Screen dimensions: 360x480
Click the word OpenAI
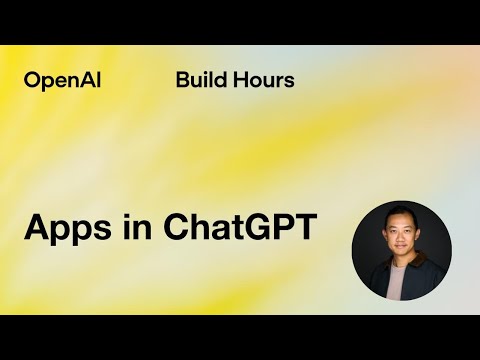coord(61,81)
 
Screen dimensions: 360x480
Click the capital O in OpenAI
coord(32,81)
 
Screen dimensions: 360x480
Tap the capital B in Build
coord(182,81)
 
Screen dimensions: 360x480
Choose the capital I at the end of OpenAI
coord(95,81)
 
